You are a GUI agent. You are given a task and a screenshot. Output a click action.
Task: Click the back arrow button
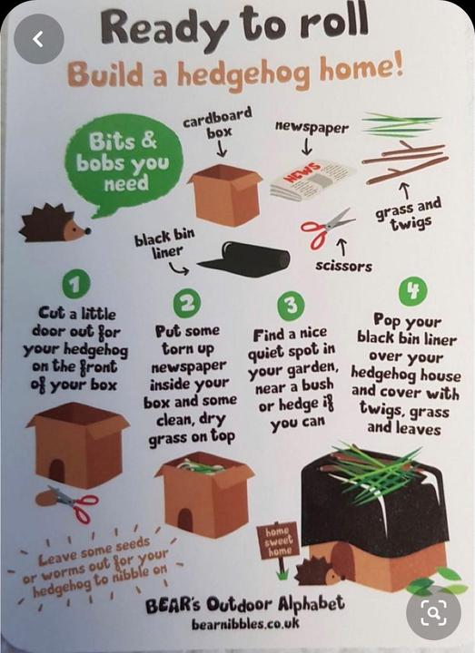pyautogui.click(x=38, y=39)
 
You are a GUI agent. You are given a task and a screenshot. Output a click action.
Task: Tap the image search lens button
pyautogui.click(x=434, y=612)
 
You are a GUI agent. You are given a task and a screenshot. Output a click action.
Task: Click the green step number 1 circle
pyautogui.click(x=75, y=284)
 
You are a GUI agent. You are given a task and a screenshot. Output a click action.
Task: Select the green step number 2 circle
pyautogui.click(x=187, y=303)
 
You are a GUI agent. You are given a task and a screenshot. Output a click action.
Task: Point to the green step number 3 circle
pyautogui.click(x=292, y=305)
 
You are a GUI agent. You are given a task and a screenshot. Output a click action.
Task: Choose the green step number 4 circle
pyautogui.click(x=412, y=291)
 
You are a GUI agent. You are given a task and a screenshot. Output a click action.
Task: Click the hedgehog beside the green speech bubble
pyautogui.click(x=54, y=223)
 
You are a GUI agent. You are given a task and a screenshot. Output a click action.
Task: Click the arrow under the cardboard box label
pyautogui.click(x=222, y=149)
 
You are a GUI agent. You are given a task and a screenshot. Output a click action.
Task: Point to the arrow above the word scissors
pyautogui.click(x=342, y=247)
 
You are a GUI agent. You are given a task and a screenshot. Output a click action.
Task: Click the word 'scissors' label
pyautogui.click(x=343, y=266)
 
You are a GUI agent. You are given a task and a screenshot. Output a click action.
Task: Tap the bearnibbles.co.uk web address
pyautogui.click(x=245, y=623)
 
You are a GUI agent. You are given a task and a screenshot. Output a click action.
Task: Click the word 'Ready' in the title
pyautogui.click(x=163, y=30)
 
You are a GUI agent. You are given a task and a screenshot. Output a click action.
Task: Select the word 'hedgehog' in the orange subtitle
pyautogui.click(x=244, y=75)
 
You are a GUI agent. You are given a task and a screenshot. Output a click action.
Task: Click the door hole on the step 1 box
pyautogui.click(x=56, y=471)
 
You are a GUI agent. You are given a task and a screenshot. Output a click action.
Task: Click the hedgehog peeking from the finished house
pyautogui.click(x=318, y=570)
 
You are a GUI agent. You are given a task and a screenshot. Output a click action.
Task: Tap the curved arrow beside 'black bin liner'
pyautogui.click(x=179, y=269)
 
